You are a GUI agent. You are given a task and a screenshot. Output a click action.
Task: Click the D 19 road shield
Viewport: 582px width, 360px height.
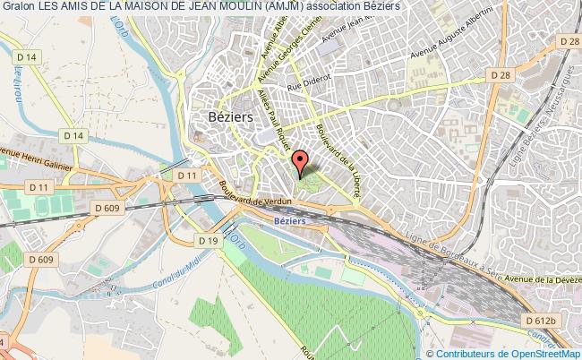pyautogui.click(x=209, y=241)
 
